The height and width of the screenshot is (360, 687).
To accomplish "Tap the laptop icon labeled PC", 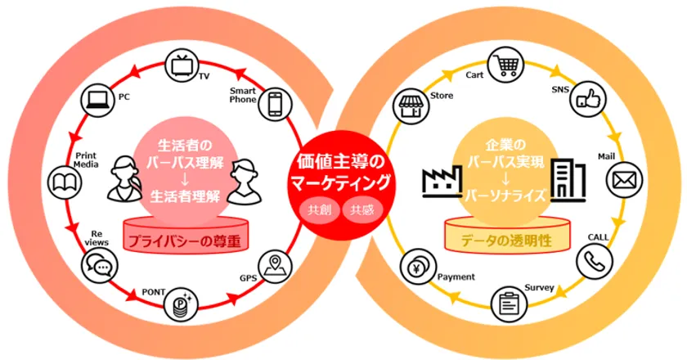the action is click(98, 101).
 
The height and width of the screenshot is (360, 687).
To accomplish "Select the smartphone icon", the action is click(275, 104).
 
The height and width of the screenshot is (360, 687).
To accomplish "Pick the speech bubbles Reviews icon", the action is click(100, 266).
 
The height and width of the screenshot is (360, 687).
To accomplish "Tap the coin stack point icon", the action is click(181, 304).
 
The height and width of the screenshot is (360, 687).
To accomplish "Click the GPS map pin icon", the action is click(275, 266).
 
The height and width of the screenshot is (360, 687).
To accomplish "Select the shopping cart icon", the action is click(505, 65).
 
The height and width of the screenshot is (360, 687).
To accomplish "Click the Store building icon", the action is click(411, 106).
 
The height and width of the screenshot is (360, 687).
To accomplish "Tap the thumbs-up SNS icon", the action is click(588, 99).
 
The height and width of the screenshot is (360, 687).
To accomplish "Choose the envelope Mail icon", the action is click(624, 180).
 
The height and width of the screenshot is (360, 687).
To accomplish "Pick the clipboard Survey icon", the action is click(510, 304).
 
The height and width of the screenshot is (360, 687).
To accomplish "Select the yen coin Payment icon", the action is click(418, 267).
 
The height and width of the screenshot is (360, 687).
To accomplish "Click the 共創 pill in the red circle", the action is click(320, 210).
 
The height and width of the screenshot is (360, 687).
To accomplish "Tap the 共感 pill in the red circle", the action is click(362, 210).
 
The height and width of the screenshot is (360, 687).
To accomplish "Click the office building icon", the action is click(568, 180).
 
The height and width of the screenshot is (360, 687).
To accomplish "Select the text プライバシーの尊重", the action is click(185, 241).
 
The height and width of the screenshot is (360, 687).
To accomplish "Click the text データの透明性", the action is click(506, 241).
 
